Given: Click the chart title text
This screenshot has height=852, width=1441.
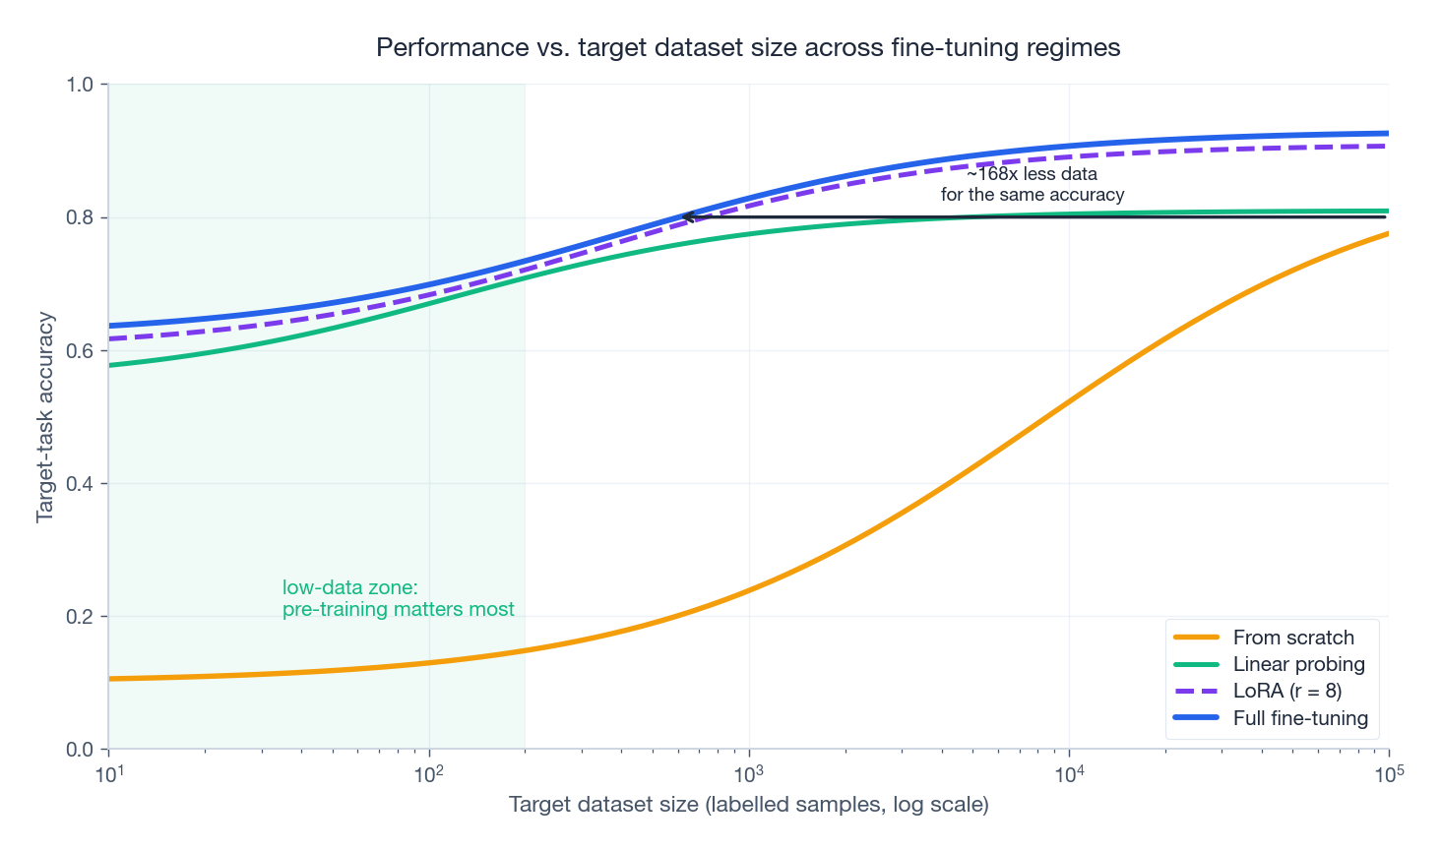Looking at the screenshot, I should pos(748,47).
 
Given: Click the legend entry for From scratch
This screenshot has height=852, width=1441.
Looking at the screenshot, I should pos(1292,638).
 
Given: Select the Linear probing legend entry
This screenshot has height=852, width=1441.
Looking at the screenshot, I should pos(1298,664).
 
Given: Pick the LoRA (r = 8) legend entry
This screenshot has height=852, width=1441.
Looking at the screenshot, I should pos(1286,691).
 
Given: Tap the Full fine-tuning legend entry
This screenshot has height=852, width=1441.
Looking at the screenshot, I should pos(1300,718).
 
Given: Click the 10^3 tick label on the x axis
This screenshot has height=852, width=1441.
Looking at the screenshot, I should pos(749,773).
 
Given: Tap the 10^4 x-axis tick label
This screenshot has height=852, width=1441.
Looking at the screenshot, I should pos(1069,773).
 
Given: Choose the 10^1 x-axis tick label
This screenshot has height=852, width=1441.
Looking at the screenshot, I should pos(108,773).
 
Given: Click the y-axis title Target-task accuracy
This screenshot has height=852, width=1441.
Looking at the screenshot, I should pos(45,417).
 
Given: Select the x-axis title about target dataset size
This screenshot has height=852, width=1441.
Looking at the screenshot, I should pos(748,805).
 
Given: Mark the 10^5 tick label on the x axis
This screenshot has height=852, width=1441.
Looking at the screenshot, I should pos(1389,773).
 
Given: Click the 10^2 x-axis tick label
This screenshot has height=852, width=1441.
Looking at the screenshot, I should pos(429,773).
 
